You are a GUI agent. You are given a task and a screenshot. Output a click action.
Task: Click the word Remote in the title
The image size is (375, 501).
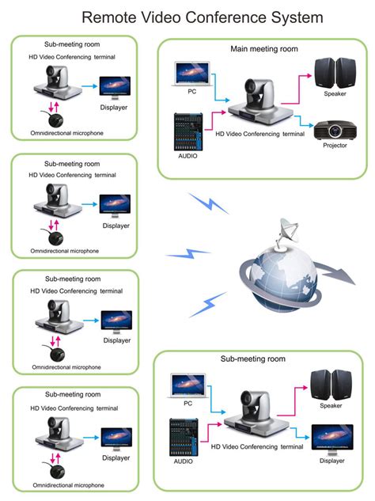point(109,17)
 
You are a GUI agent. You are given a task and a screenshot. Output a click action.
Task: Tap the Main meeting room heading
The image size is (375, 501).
point(264,49)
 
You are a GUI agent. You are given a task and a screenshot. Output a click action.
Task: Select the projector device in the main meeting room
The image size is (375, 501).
point(335,130)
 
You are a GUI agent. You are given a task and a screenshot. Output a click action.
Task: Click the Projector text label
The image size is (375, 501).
point(335,146)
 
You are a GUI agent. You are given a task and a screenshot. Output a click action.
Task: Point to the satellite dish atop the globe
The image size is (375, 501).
point(287,233)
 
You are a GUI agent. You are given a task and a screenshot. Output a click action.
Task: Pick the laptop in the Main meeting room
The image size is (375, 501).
point(192,74)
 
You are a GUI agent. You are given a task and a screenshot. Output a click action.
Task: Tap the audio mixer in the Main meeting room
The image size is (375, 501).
point(188,131)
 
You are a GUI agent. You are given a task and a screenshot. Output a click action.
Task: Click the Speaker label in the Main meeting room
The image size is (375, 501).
point(335,94)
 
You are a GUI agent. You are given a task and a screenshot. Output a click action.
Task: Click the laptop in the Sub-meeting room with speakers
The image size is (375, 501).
point(188,385)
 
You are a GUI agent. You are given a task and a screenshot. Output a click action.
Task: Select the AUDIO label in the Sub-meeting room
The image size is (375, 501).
point(184,461)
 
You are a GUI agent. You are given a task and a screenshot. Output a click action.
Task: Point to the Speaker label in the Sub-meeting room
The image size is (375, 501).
point(331,406)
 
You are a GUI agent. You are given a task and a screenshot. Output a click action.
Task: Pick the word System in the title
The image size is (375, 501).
point(297,17)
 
